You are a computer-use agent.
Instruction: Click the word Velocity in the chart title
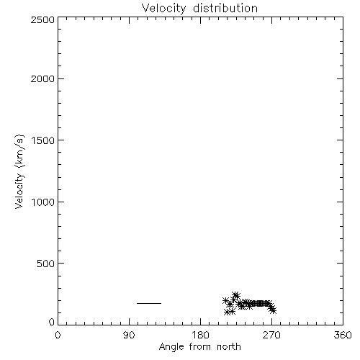point(164,9)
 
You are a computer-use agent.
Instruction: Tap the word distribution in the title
point(225,8)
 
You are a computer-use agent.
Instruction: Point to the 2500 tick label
point(42,19)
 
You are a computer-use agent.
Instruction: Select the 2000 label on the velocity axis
point(42,78)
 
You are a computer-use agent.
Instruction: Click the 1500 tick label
point(43,140)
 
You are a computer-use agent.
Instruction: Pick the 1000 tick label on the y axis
point(43,202)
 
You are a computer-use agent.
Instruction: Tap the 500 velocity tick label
point(45,264)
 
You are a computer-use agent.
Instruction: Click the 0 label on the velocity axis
point(52,322)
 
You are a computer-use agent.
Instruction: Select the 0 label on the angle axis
point(58,335)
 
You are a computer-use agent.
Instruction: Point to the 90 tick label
point(129,335)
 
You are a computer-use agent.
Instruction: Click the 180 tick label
point(200,335)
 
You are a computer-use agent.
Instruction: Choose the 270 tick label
point(271,335)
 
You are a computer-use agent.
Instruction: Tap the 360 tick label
point(343,335)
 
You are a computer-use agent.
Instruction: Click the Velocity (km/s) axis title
point(19,171)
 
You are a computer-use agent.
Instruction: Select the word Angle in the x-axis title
point(171,348)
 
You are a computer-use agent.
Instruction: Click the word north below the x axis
point(229,347)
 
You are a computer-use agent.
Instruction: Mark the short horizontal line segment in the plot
point(149,303)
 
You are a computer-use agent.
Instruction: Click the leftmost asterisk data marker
point(225,300)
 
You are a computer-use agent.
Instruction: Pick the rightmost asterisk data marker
point(273,311)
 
